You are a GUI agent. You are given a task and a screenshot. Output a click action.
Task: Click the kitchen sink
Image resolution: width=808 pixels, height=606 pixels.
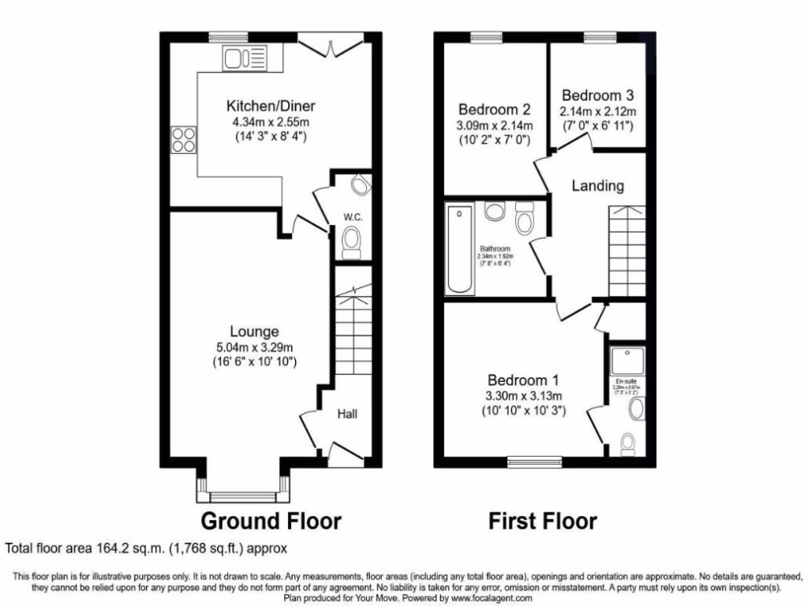[246, 57]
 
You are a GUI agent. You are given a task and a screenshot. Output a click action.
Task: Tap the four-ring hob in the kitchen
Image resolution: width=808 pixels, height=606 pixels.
[184, 140]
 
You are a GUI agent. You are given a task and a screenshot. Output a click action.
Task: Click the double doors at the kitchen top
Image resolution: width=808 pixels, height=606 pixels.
[331, 44]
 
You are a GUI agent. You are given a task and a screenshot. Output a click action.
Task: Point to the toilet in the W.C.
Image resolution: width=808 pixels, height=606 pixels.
[352, 241]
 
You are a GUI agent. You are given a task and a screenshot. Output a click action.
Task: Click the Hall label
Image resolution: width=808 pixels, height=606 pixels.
[350, 413]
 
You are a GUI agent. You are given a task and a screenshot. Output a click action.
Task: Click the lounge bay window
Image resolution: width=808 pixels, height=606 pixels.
[242, 496]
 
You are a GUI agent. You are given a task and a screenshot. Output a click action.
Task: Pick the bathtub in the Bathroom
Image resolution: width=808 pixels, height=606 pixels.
[458, 249]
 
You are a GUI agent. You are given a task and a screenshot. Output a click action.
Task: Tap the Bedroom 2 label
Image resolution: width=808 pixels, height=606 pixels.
[494, 110]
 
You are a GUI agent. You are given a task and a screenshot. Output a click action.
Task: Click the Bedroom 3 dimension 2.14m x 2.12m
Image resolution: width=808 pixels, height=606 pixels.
[597, 111]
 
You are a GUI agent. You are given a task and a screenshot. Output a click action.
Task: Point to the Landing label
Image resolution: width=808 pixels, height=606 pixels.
[597, 186]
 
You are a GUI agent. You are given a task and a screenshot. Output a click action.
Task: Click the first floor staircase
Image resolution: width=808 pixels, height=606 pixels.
[627, 249]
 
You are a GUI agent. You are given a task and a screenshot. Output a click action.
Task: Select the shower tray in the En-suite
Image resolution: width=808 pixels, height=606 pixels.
[627, 360]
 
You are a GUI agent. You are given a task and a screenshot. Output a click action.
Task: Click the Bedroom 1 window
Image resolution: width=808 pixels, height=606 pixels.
[534, 461]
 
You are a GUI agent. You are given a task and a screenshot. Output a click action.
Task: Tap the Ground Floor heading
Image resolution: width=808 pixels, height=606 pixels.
[271, 522]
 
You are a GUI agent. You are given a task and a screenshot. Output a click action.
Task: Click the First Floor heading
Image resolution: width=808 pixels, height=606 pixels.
[542, 522]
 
